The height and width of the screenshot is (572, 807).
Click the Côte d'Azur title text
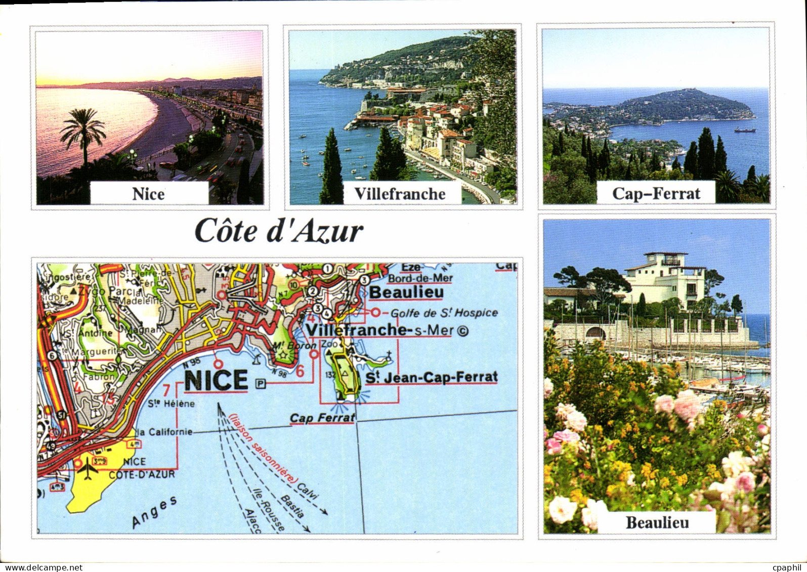(x=279, y=232)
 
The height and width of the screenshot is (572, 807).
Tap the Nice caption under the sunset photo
(x=148, y=194)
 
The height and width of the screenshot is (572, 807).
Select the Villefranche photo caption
(x=400, y=194)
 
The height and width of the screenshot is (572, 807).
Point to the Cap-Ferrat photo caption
(x=656, y=193)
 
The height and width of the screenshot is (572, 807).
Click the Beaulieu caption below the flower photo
(x=657, y=522)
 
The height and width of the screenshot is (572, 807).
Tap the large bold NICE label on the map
(x=216, y=380)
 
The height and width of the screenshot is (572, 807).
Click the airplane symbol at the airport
(x=88, y=468)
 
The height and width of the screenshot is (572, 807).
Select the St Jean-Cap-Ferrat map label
(x=432, y=377)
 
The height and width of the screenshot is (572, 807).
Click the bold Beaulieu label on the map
(x=406, y=292)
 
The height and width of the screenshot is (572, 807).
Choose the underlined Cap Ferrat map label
(x=322, y=418)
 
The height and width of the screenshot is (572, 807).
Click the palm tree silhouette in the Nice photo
(x=83, y=133)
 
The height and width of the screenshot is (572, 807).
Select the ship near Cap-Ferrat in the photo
(x=745, y=130)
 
